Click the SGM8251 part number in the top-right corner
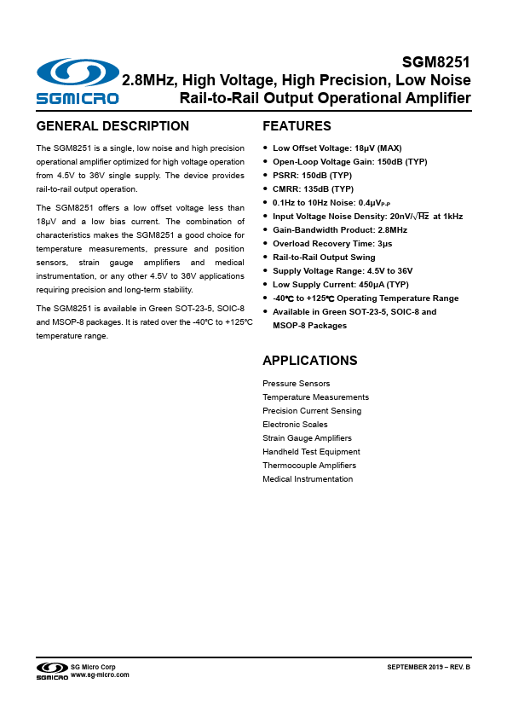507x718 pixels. pyautogui.click(x=436, y=62)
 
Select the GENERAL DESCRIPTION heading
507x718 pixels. pyautogui.click(x=112, y=126)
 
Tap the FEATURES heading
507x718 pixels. pyautogui.click(x=297, y=126)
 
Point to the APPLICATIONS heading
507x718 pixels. pyautogui.click(x=309, y=361)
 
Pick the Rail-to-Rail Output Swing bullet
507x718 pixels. pyautogui.click(x=324, y=258)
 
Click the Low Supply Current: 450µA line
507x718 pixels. pyautogui.click(x=341, y=285)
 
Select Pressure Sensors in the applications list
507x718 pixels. pyautogui.click(x=296, y=384)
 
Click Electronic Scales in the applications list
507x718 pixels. pyautogui.click(x=295, y=425)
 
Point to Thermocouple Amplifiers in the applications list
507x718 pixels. pyautogui.click(x=309, y=466)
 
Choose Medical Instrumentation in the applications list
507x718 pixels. pyautogui.click(x=308, y=479)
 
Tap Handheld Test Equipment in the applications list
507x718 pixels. pyautogui.click(x=311, y=452)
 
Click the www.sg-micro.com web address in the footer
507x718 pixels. pyautogui.click(x=100, y=675)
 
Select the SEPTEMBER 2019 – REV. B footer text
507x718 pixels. pyautogui.click(x=429, y=666)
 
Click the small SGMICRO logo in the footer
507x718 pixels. pyautogui.click(x=51, y=671)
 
